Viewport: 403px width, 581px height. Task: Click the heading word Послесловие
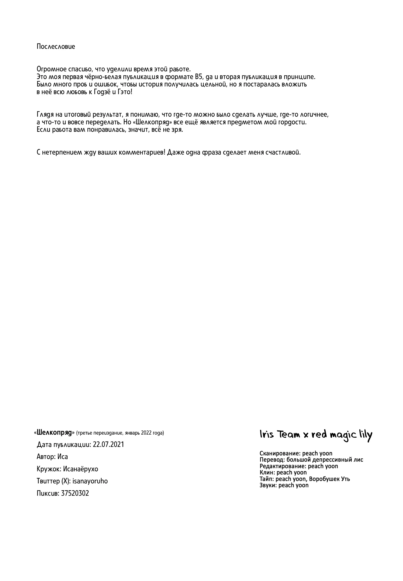point(56,46)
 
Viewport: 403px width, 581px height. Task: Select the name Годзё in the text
point(102,92)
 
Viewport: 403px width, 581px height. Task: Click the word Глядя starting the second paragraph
point(45,115)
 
